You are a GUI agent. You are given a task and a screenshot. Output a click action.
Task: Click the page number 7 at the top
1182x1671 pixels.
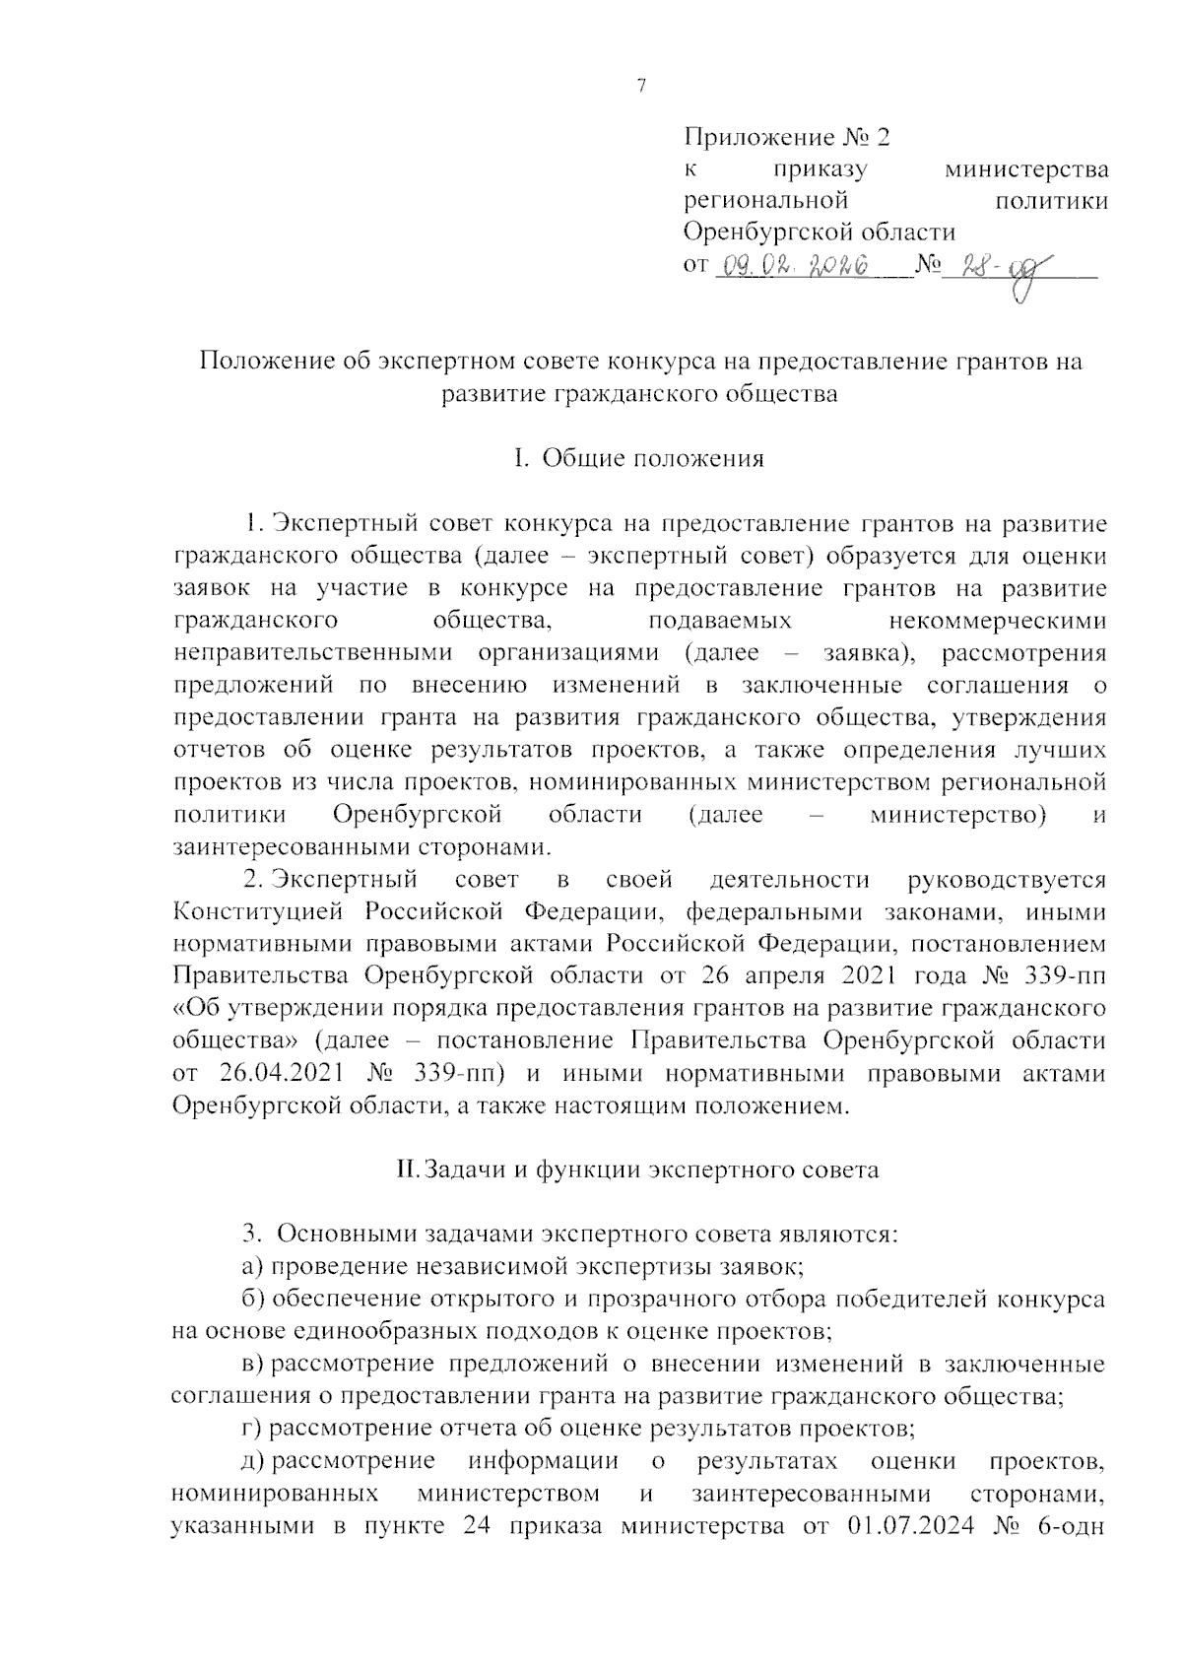(x=641, y=87)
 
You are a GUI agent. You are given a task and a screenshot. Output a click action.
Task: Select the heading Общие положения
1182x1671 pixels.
(x=653, y=458)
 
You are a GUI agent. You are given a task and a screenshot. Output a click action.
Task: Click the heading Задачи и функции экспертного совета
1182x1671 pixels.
(x=637, y=1170)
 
